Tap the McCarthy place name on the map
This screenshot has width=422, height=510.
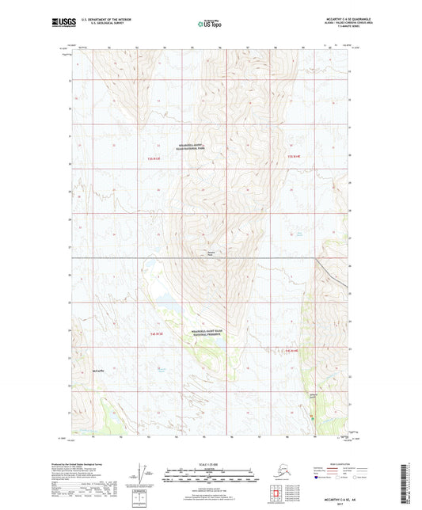point(97,370)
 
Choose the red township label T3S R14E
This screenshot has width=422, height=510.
point(294,156)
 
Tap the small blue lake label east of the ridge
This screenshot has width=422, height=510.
point(298,232)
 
